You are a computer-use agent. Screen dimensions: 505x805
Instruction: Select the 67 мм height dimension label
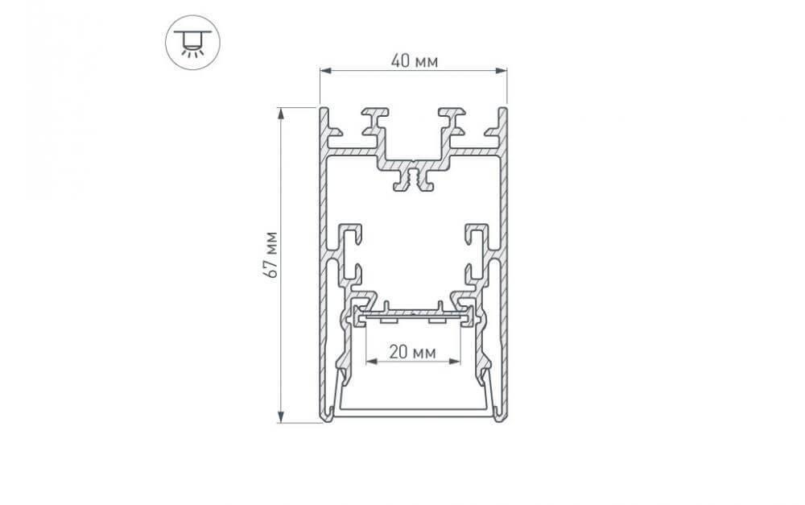pos(273,255)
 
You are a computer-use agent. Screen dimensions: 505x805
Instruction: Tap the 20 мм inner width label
pos(413,352)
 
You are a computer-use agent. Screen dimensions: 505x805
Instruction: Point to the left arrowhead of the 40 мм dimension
pos(324,72)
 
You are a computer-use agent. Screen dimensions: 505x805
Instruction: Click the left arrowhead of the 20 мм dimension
pos(370,362)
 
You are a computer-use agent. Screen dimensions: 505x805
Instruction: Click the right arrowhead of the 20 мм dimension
pos(458,362)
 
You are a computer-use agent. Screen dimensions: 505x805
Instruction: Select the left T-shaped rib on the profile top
pos(374,121)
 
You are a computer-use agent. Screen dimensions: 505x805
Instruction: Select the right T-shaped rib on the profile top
pos(452,121)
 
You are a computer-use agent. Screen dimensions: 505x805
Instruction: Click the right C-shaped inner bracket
pos(476,242)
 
